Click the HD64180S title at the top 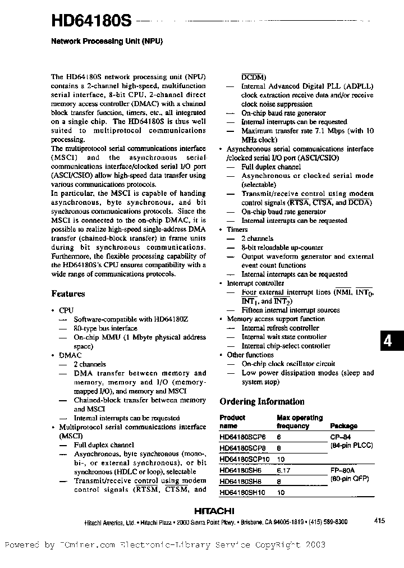click(91, 21)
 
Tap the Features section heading click(68, 294)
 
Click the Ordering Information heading click(261, 401)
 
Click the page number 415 click(379, 521)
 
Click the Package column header click(343, 426)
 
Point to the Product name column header click(232, 422)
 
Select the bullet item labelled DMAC click(70, 355)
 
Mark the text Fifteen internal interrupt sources click(290, 310)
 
